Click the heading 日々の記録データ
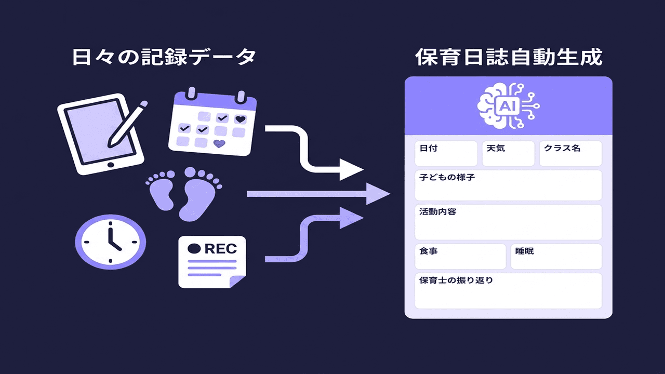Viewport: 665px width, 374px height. pos(164,57)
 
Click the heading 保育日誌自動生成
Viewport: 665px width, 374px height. pos(509,57)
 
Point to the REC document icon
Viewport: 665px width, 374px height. pos(212,262)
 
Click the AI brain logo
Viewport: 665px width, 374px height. pos(508,106)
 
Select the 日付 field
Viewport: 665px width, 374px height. pos(446,153)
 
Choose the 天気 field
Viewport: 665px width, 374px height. pos(508,153)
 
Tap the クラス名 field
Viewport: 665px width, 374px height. pos(570,153)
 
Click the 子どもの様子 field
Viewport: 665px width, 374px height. pos(508,185)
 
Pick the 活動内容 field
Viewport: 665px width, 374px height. pos(508,222)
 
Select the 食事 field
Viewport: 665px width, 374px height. pos(460,256)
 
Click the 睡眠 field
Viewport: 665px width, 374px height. pos(556,256)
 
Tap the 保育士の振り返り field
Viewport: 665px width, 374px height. pos(508,290)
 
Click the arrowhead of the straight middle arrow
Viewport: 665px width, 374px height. pos(378,194)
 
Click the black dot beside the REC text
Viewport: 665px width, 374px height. pos(194,248)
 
